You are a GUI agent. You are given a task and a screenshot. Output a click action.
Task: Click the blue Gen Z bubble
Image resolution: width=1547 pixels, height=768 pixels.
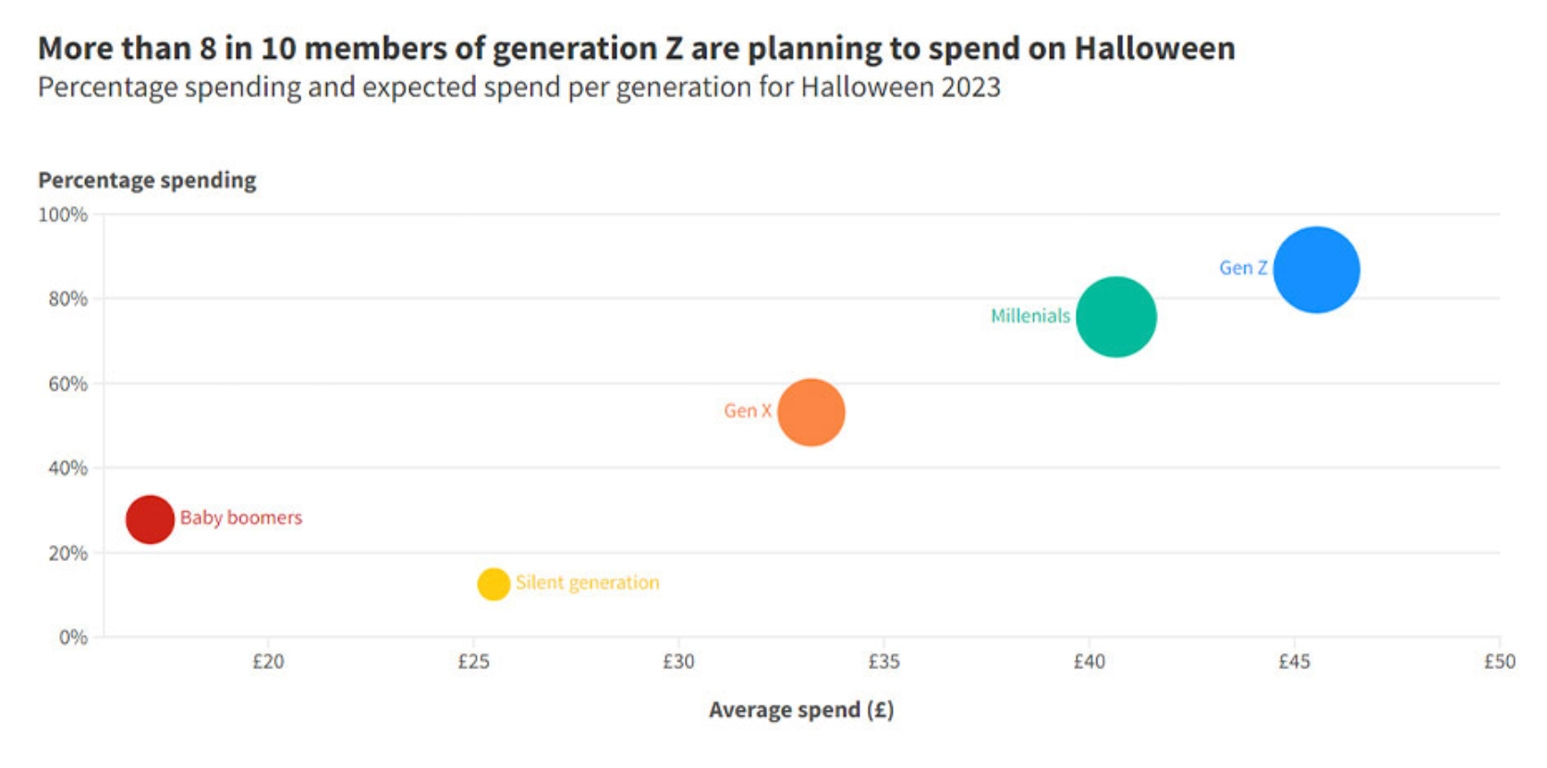tap(1316, 270)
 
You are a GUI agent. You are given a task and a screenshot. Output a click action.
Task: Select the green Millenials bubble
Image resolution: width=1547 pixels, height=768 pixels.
tap(1116, 317)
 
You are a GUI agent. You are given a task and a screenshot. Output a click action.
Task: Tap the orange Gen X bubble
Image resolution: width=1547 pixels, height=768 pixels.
tap(811, 412)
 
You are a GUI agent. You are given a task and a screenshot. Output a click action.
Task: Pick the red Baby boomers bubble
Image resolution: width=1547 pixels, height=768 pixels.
tap(150, 519)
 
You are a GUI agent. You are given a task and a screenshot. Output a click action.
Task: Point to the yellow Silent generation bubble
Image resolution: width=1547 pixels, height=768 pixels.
tap(493, 584)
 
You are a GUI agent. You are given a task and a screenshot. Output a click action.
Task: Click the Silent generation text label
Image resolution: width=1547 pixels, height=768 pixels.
tap(587, 583)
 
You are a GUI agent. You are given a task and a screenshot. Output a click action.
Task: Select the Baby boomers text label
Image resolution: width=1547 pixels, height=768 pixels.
tap(241, 518)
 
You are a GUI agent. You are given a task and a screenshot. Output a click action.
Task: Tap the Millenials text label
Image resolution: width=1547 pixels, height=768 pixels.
tap(1029, 316)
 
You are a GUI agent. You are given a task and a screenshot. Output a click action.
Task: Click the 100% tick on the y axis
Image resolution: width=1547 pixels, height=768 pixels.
tap(63, 215)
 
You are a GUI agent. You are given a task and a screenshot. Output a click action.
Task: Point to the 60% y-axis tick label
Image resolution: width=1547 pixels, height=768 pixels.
tap(67, 384)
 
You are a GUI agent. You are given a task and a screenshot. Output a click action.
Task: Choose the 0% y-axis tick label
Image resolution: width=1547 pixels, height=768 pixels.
tap(73, 638)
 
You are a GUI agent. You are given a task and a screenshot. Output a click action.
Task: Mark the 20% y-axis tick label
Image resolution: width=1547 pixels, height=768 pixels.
tap(67, 554)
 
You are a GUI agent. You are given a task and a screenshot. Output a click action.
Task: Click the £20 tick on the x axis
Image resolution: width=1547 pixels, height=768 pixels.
tap(268, 662)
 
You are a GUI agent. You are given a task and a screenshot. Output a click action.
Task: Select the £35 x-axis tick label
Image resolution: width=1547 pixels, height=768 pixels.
tap(883, 662)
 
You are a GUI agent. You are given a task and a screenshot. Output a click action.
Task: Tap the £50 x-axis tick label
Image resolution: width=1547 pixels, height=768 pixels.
tap(1499, 662)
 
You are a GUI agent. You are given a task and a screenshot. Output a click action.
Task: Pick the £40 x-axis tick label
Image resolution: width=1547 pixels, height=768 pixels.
tap(1089, 662)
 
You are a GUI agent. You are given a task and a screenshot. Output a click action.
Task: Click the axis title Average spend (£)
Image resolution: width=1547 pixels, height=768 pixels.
tap(801, 710)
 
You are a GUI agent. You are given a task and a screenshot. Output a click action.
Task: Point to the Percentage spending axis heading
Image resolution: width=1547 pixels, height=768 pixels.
tap(147, 180)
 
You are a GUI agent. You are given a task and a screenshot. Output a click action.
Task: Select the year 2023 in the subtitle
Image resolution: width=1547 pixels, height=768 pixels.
tap(970, 87)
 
